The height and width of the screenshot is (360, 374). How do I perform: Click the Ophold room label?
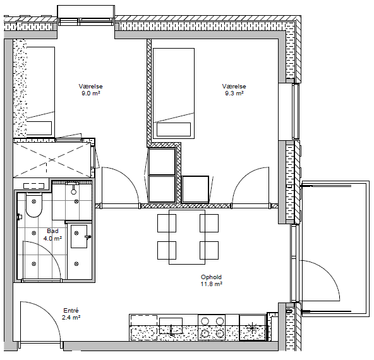coord(211,277)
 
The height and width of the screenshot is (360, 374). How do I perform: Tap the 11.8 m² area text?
coord(212,284)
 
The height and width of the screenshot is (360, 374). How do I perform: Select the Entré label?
coord(71,310)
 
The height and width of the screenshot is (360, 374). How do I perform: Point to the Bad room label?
coord(52,231)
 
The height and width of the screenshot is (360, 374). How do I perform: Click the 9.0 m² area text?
coord(90,93)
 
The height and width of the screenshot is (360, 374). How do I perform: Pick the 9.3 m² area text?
coord(234,93)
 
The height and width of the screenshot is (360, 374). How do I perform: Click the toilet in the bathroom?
coord(33,205)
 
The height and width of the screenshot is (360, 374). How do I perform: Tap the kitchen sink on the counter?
coord(171,326)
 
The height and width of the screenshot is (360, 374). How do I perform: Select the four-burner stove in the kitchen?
coord(212,327)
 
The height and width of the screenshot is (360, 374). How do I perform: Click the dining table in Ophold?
coord(187,237)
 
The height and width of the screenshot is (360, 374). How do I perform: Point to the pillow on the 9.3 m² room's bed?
coord(174,129)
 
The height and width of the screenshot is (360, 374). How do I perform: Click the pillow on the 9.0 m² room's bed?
coord(39,128)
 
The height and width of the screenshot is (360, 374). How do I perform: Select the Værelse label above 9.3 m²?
coord(234,87)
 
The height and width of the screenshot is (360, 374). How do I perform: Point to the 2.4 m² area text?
coord(71,318)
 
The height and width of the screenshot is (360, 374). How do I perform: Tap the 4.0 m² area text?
coord(52,238)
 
